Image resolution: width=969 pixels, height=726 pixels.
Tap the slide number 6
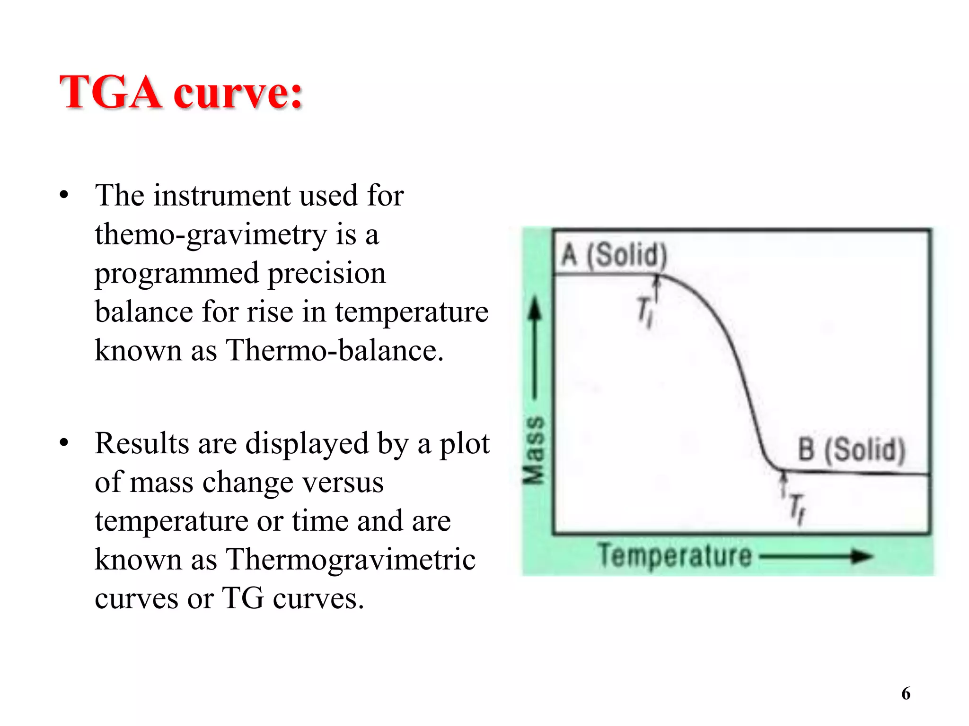pyautogui.click(x=906, y=693)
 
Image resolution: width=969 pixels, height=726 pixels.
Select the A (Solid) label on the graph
pyautogui.click(x=614, y=255)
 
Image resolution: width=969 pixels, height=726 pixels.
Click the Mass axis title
pyautogui.click(x=534, y=450)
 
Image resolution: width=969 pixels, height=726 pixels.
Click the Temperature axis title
pyautogui.click(x=674, y=556)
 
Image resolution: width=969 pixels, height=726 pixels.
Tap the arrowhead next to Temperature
pyautogui.click(x=863, y=556)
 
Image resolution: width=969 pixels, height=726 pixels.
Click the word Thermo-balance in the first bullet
pyautogui.click(x=335, y=351)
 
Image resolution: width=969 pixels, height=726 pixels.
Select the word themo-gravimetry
pyautogui.click(x=211, y=234)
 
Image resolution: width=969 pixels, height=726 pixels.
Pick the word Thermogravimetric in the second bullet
pyautogui.click(x=351, y=560)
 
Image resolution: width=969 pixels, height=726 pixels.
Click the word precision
pyautogui.click(x=327, y=273)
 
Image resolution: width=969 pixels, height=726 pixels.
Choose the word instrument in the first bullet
pyautogui.click(x=222, y=196)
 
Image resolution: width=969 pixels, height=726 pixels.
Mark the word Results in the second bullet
pyautogui.click(x=142, y=443)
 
